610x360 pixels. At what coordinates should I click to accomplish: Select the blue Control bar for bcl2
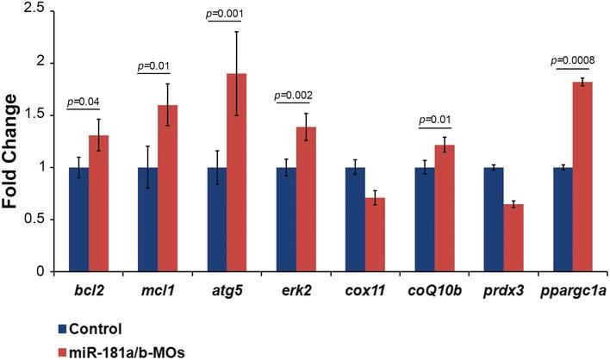(79, 219)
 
